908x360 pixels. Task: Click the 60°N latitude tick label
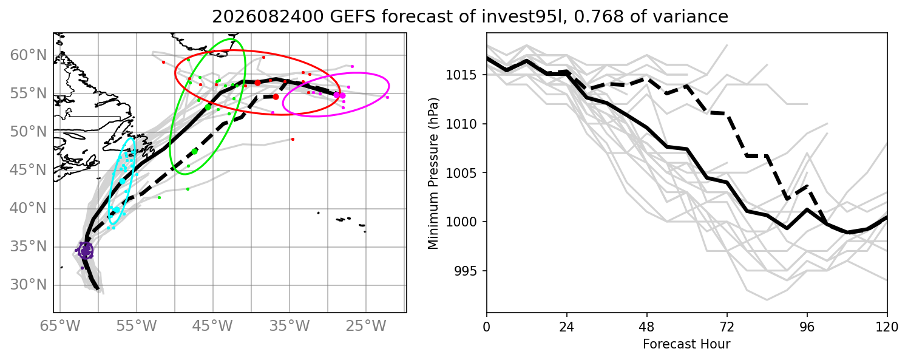pos(29,55)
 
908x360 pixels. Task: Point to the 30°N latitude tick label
pos(29,285)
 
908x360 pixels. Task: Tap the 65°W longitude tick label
pos(60,326)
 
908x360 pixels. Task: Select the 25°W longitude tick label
pos(366,326)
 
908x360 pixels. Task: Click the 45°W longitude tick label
pos(213,326)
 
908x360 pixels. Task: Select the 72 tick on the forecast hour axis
pos(727,327)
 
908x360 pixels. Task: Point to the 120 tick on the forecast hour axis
pos(887,327)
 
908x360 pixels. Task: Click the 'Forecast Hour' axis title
pos(686,344)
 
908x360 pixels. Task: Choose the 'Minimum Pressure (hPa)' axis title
pos(433,173)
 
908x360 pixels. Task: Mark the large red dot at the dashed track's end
pos(276,97)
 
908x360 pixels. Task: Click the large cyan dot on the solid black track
pos(123,181)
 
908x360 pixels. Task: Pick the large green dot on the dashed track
pos(195,152)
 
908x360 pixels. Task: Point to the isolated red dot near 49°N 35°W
pos(293,140)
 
